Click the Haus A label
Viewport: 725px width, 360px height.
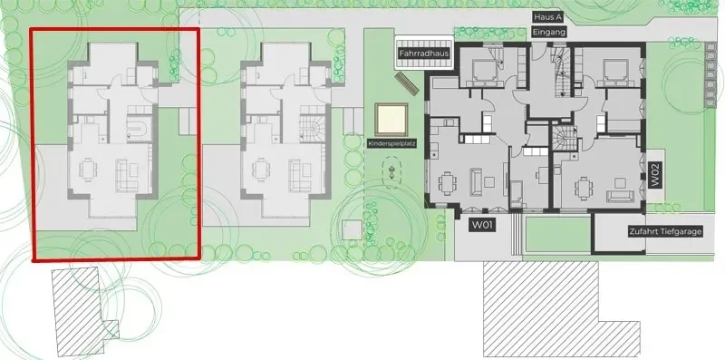tap(549, 17)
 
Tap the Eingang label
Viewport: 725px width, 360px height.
tap(549, 33)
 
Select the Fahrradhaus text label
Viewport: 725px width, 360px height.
tap(424, 54)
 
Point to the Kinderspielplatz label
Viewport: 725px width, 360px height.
tap(392, 144)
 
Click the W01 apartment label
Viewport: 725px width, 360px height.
tap(483, 226)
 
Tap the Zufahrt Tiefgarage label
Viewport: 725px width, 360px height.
tap(665, 232)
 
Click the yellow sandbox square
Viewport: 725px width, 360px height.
tap(391, 120)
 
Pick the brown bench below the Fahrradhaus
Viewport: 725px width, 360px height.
tap(407, 83)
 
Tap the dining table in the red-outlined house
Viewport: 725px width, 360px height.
tap(88, 170)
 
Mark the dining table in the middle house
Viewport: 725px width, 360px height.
tap(261, 170)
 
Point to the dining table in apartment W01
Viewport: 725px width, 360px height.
tap(447, 184)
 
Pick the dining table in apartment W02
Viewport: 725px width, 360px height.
tap(584, 189)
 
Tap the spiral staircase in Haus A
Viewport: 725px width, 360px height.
tap(565, 139)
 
